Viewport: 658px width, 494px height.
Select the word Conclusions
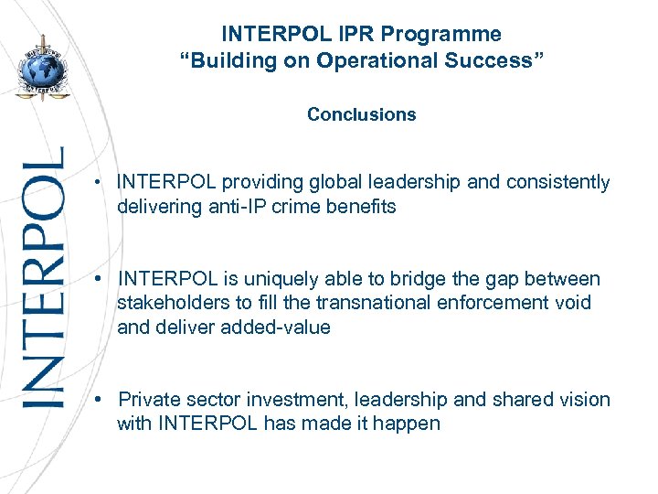pyautogui.click(x=361, y=114)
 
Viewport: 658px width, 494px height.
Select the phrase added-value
pyautogui.click(x=276, y=328)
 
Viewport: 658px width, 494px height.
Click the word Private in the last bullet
pyautogui.click(x=149, y=400)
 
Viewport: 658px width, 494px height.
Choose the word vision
pyautogui.click(x=586, y=400)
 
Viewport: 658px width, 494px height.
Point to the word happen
pyautogui.click(x=409, y=424)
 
